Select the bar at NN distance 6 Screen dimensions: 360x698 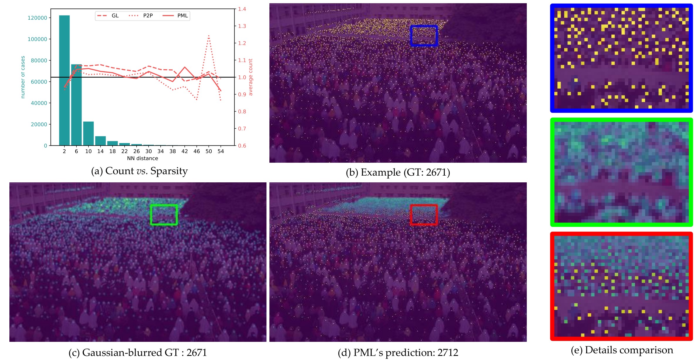point(76,105)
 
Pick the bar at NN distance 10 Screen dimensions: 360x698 point(88,133)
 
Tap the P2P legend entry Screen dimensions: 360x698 point(141,16)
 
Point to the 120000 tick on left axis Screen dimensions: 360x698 point(37,18)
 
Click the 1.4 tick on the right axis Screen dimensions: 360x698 point(242,9)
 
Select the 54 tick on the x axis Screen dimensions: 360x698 point(220,151)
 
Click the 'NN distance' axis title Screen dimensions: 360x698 point(142,158)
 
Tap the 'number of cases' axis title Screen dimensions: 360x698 point(23,77)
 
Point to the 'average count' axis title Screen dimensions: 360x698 point(250,77)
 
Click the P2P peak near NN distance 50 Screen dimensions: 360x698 point(209,36)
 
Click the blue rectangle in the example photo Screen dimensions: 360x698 point(424,36)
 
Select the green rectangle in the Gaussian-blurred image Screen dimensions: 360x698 point(164,215)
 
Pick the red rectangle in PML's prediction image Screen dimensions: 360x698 point(424,215)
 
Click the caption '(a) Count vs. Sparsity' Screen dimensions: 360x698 point(139,171)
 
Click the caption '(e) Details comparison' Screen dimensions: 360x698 point(622,350)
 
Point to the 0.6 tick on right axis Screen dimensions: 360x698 point(242,146)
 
